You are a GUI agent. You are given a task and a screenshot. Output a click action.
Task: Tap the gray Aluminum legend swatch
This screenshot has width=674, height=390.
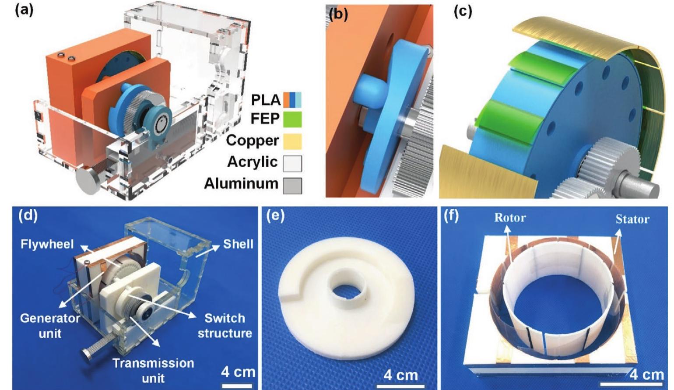coord(292,185)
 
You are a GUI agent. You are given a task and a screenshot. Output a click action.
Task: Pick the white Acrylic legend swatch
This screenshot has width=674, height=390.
coord(292,163)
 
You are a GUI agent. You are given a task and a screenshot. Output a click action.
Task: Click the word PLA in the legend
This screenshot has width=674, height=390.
coord(265,100)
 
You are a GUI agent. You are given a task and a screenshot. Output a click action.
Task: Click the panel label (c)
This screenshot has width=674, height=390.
coord(463,11)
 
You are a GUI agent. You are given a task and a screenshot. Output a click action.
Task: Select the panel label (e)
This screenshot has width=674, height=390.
coord(275,216)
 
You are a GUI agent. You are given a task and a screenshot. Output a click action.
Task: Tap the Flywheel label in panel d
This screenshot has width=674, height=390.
coord(47,244)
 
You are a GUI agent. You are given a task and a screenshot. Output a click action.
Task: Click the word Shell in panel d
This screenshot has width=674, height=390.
coord(238,244)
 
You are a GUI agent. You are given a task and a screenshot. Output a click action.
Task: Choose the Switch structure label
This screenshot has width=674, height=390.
coord(225,326)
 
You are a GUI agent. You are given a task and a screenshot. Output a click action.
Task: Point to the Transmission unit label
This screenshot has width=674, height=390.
coord(153,370)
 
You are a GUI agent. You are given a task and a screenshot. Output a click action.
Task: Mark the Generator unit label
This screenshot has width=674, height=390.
coord(50,326)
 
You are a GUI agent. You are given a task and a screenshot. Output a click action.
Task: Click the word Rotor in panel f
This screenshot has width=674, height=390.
coord(510,217)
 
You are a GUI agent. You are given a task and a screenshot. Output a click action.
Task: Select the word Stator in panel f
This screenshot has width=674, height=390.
coord(632,219)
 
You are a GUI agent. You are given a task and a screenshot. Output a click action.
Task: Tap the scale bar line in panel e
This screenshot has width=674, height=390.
coord(400,386)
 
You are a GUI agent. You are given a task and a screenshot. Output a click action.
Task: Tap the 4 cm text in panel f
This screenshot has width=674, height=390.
coord(646,375)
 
